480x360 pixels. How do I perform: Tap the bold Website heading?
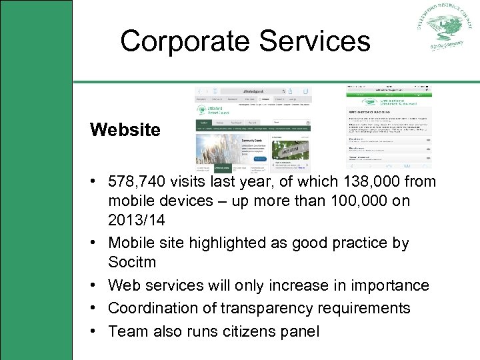(125, 129)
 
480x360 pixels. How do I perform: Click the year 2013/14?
(137, 220)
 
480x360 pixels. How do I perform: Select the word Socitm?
(131, 262)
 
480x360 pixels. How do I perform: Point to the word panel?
(295, 331)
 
